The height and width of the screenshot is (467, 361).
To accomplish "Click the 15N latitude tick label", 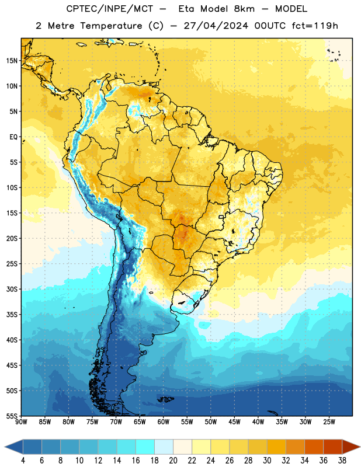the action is tap(12, 61).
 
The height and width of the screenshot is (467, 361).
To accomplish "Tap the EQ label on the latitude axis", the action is tap(13, 137).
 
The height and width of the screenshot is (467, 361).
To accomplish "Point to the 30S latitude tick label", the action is tap(12, 289).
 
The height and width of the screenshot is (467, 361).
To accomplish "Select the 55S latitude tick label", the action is tap(12, 416).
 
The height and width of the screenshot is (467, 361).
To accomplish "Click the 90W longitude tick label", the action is tap(21, 422).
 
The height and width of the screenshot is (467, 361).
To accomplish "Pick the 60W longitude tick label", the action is tap(164, 422).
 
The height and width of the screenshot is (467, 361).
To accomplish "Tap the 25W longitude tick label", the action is tap(329, 422).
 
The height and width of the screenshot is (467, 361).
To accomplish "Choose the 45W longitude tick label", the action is tap(234, 422).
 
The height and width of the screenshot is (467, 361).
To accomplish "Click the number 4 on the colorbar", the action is tap(23, 461).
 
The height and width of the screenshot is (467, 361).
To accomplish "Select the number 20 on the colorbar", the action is tap(173, 461).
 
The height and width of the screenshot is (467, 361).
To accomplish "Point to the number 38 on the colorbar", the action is tap(342, 461).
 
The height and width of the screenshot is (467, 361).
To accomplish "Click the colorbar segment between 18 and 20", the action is tap(164, 447).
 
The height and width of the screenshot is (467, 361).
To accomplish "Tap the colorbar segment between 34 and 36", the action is tap(314, 447).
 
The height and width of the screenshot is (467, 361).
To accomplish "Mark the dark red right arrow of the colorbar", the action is tap(351, 447).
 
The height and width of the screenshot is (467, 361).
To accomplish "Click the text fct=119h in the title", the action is tap(315, 26).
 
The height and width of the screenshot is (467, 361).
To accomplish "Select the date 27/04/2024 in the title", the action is tap(216, 26).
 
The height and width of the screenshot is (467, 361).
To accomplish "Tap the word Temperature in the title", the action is tap(111, 26).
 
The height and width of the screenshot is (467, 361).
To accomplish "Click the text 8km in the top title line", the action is tap(244, 9).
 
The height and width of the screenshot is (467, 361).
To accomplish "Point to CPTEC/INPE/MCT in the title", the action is tap(110, 9).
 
